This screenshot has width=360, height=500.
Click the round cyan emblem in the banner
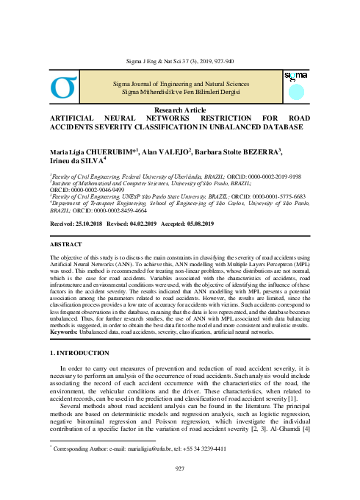(295, 91)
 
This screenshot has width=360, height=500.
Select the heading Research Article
(179, 108)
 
